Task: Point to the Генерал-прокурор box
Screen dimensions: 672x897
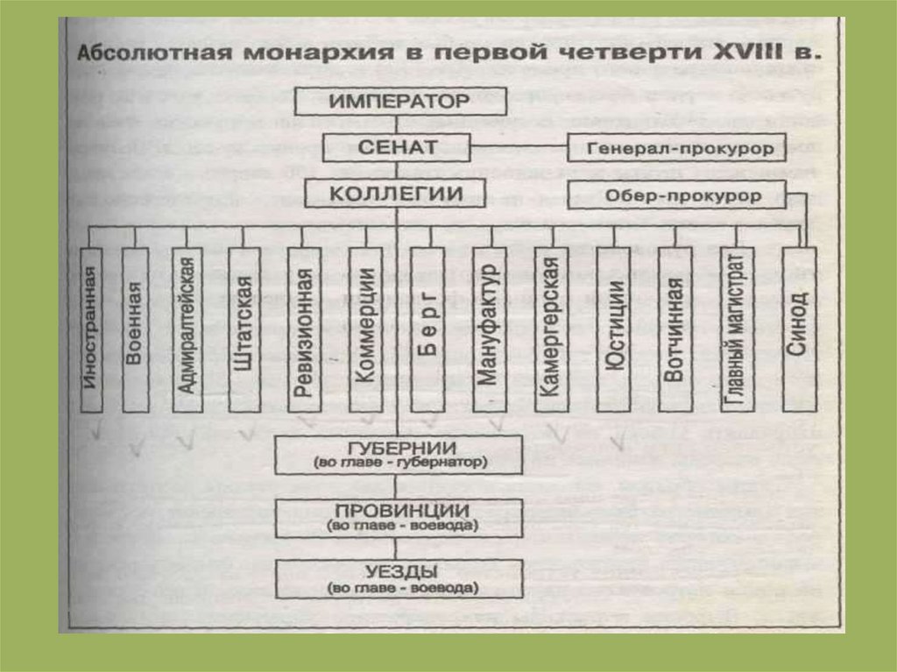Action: (x=674, y=148)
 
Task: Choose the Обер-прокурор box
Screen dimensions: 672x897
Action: (x=674, y=195)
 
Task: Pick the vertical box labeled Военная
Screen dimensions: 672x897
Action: (x=136, y=329)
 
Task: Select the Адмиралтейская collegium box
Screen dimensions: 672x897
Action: (x=187, y=329)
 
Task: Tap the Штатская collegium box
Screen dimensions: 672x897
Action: (x=244, y=329)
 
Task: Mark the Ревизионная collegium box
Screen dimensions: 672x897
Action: (x=302, y=329)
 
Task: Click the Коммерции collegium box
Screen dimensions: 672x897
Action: (x=364, y=329)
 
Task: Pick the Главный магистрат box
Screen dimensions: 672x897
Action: (x=737, y=329)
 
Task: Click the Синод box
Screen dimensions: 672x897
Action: (x=798, y=329)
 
